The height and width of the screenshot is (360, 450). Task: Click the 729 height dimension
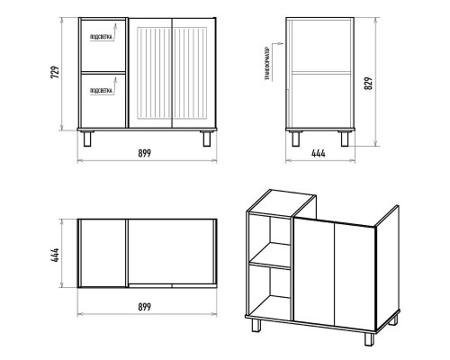[55, 72]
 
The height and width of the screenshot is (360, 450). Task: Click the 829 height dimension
[368, 83]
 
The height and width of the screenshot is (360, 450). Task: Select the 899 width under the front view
[145, 153]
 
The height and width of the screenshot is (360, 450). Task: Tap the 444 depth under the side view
[319, 153]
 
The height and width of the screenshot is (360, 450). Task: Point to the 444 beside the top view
[55, 256]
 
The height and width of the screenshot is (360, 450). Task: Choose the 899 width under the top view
[145, 307]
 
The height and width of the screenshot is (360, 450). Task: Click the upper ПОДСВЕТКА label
[102, 37]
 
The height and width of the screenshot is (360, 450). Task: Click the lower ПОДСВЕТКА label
[102, 91]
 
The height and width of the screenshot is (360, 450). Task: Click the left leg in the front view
[87, 139]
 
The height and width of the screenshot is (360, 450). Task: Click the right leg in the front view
[207, 139]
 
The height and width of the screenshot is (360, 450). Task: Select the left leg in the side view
[296, 139]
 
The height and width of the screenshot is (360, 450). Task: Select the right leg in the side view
[345, 139]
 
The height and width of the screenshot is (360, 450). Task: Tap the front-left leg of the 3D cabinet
[256, 325]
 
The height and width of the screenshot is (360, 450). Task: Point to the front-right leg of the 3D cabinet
[369, 338]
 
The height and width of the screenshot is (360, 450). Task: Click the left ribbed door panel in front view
[154, 73]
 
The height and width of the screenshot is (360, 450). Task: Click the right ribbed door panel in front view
[190, 73]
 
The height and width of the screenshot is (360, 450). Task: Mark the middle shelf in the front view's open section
[103, 73]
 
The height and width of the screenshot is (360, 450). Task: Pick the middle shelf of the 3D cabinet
[270, 256]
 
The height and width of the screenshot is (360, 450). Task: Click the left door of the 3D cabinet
[314, 271]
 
